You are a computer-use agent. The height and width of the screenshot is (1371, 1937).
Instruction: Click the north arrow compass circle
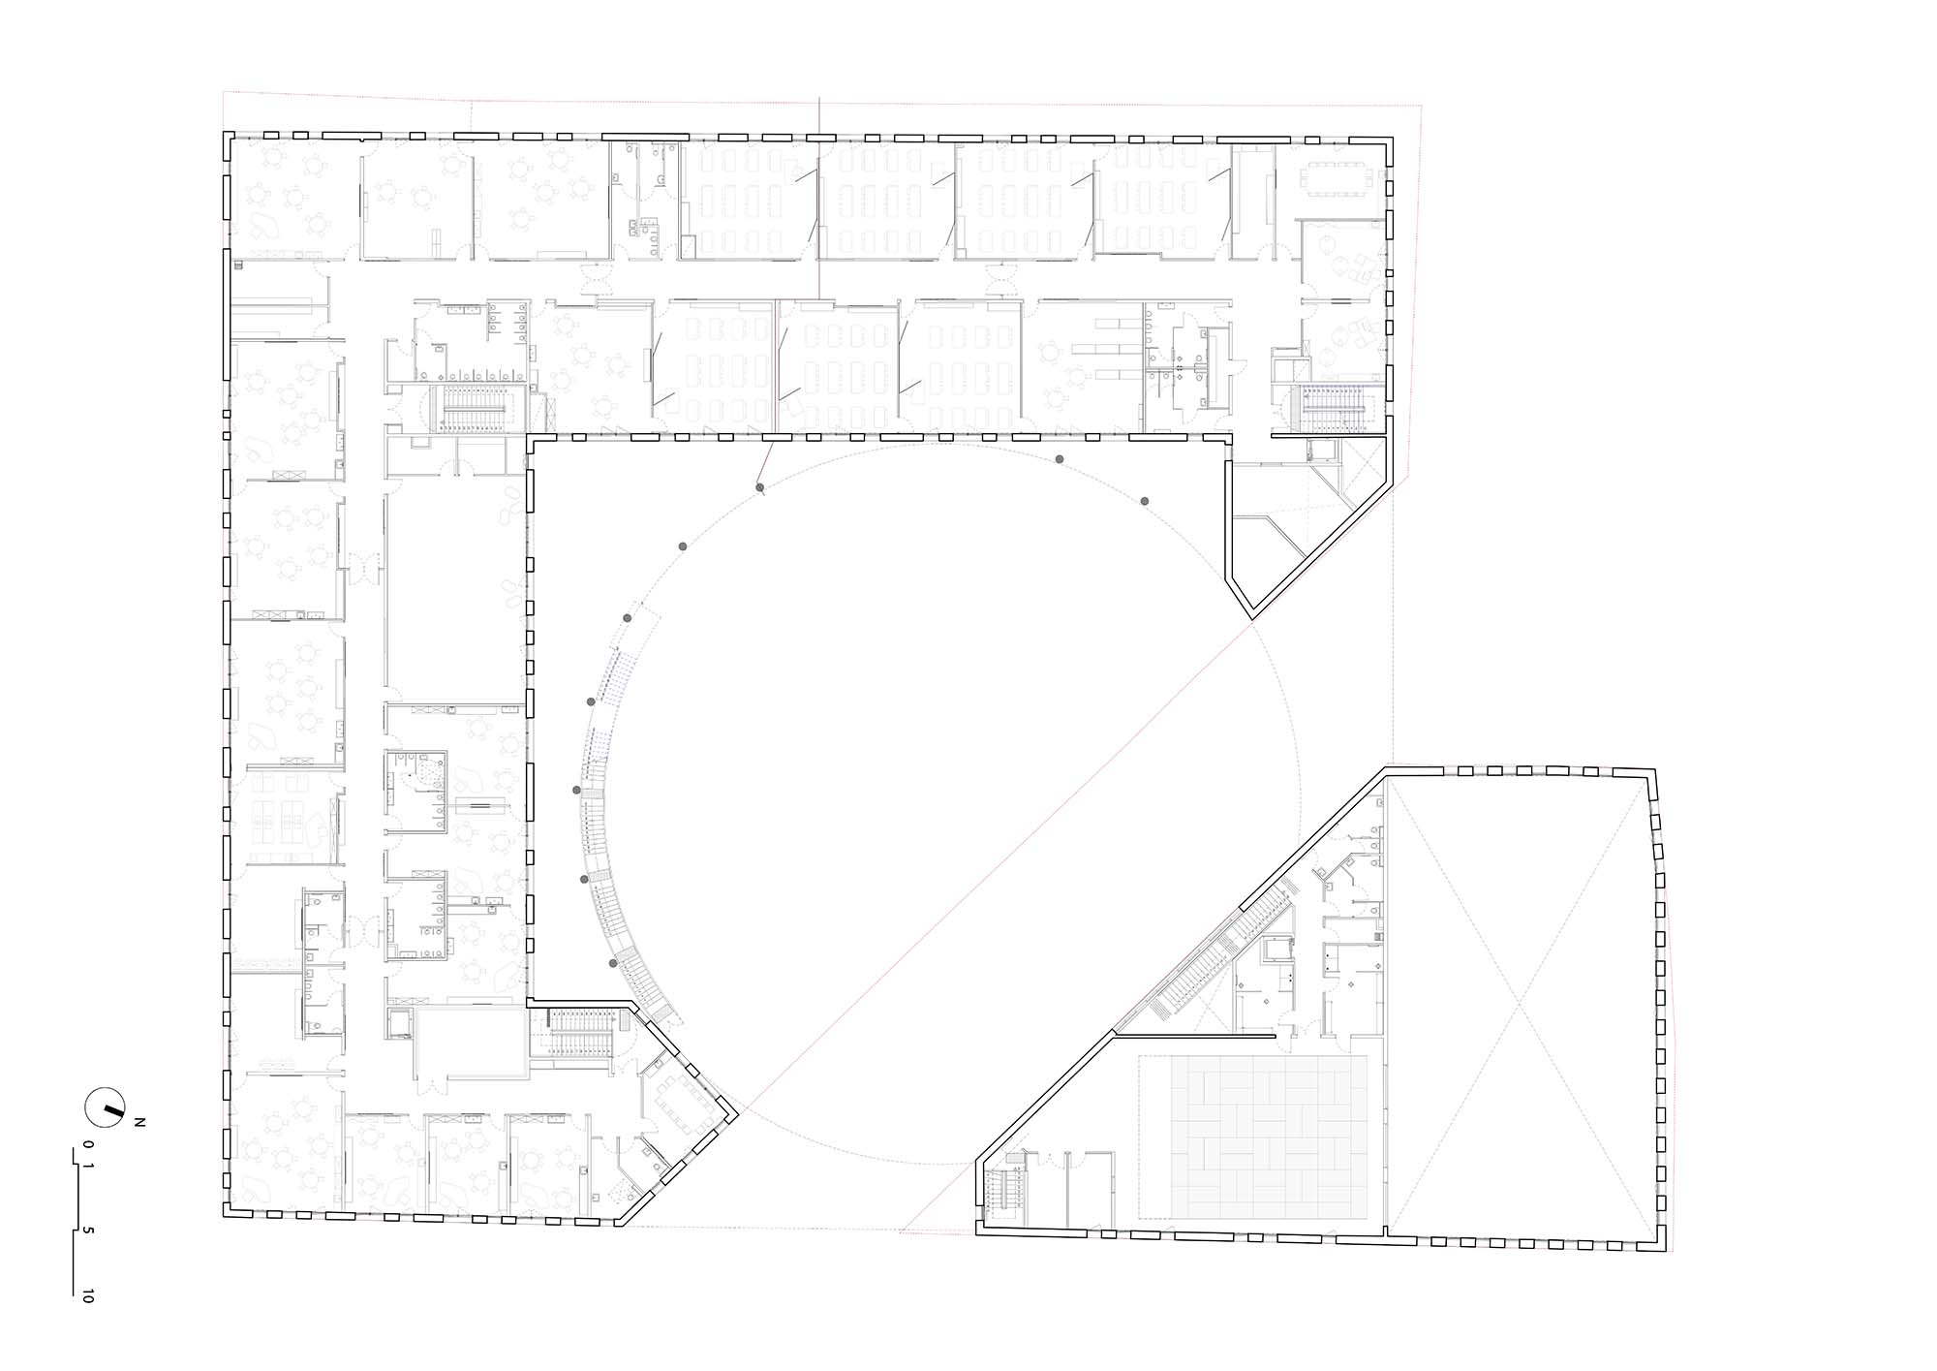(x=108, y=1105)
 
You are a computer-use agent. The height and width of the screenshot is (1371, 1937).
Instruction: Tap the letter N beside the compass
(x=139, y=1122)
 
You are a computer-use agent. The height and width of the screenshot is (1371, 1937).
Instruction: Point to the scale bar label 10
(x=89, y=1295)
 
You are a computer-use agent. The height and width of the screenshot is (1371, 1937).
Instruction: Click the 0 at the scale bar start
(x=89, y=1144)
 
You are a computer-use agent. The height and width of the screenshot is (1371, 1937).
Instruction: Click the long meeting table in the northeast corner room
(x=1339, y=179)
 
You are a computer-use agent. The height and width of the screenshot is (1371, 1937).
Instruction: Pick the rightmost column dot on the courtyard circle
(x=1145, y=501)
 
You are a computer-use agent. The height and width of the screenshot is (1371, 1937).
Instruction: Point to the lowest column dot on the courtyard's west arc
(x=613, y=962)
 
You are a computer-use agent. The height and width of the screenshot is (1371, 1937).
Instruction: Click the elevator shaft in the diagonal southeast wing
(x=1277, y=950)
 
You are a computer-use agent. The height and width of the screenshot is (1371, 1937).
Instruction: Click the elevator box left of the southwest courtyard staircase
(x=399, y=1022)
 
